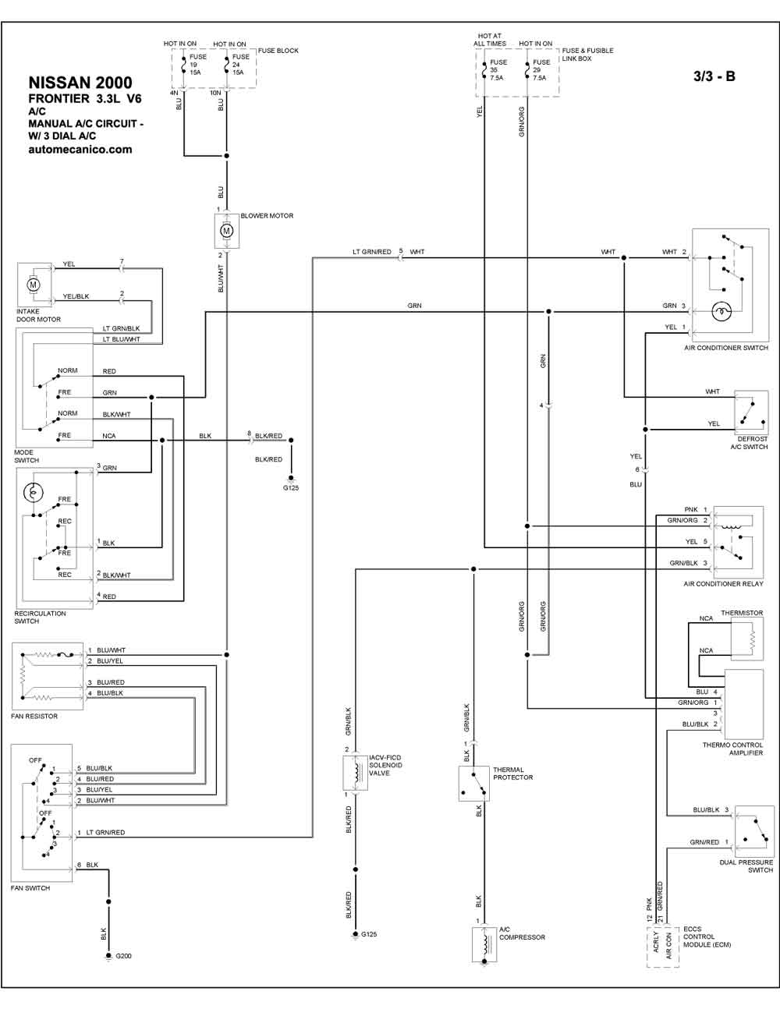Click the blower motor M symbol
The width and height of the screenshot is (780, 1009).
(226, 231)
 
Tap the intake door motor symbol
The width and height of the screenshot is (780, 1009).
(34, 285)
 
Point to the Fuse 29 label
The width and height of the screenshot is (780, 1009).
(541, 69)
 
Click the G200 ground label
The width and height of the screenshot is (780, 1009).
(123, 956)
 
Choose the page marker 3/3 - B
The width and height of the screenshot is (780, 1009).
(714, 76)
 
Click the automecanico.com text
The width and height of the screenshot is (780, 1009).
(80, 150)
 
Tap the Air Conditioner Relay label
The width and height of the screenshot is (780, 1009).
(723, 584)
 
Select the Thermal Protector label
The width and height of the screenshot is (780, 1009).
(513, 773)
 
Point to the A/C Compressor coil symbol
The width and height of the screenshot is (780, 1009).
(485, 943)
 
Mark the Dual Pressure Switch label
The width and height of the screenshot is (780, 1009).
(746, 866)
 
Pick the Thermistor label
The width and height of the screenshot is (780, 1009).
(742, 613)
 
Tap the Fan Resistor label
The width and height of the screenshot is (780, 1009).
(34, 716)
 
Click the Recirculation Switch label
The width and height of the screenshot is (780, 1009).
(40, 617)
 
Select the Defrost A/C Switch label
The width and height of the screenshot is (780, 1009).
(749, 443)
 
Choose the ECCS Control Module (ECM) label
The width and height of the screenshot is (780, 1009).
(707, 936)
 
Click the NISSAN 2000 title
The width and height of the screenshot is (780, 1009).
(80, 83)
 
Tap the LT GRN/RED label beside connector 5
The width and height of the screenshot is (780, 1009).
(372, 252)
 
